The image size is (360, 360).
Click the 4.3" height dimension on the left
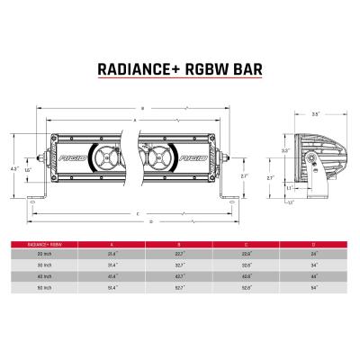[14, 168]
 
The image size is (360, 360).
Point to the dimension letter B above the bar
[142, 110]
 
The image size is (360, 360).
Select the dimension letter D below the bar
[150, 220]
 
